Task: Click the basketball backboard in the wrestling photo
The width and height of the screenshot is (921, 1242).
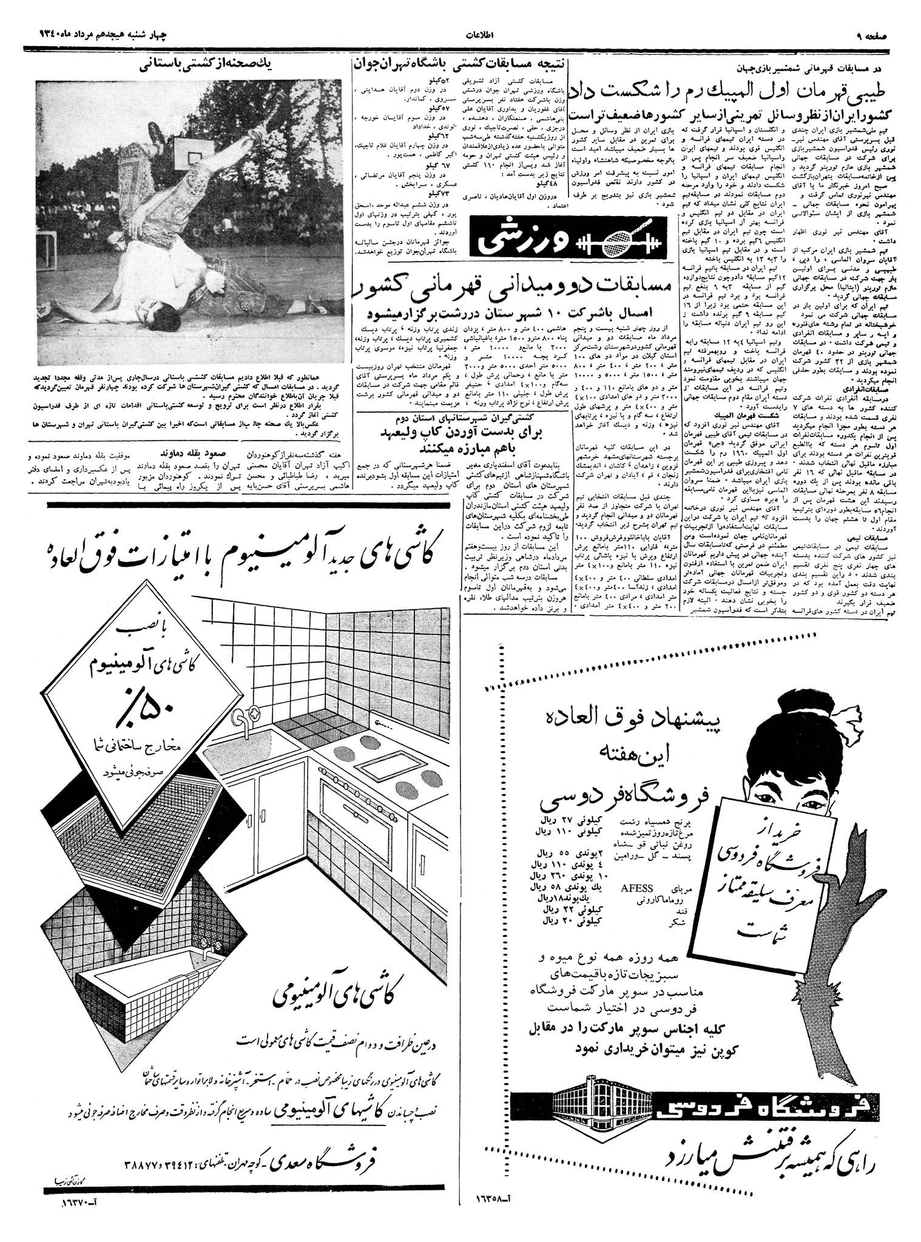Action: [191, 151]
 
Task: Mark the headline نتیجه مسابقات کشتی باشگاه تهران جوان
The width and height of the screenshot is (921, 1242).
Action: [459, 62]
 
